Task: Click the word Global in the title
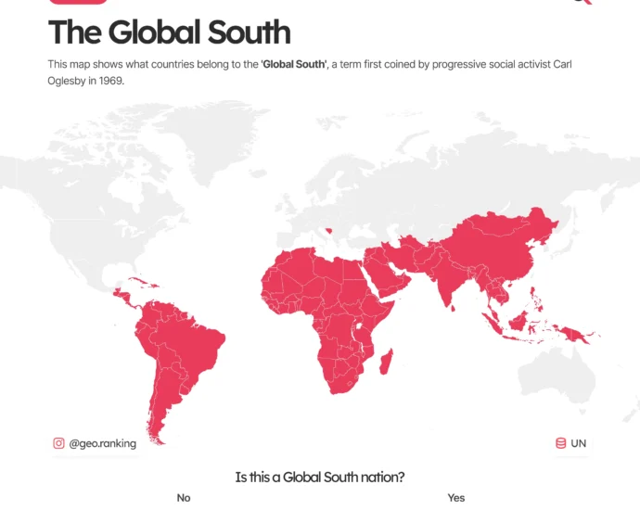[x=154, y=32]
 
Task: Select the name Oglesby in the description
[x=70, y=81]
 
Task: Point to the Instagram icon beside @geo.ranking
[x=59, y=443]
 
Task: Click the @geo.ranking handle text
[x=102, y=443]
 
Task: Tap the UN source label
[x=579, y=443]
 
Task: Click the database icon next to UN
[x=560, y=443]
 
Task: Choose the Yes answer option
[x=455, y=498]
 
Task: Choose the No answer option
[x=184, y=498]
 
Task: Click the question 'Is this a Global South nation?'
[x=320, y=477]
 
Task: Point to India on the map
[x=443, y=278]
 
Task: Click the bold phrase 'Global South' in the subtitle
[x=293, y=64]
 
